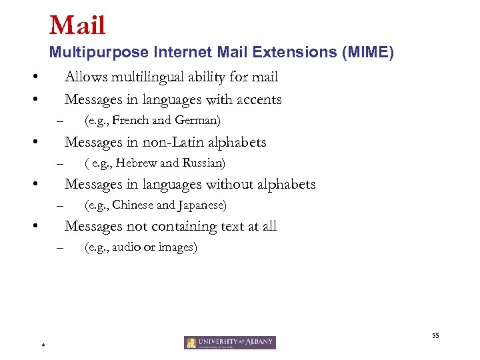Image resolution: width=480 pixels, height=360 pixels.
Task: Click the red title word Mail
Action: (77, 25)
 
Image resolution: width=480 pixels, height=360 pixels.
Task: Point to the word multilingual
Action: (145, 77)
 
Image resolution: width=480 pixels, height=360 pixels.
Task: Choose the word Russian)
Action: (204, 163)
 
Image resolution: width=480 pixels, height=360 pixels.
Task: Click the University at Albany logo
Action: (229, 343)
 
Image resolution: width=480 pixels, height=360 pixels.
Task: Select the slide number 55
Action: (435, 336)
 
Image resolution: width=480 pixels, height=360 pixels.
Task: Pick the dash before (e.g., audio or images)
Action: (59, 248)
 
